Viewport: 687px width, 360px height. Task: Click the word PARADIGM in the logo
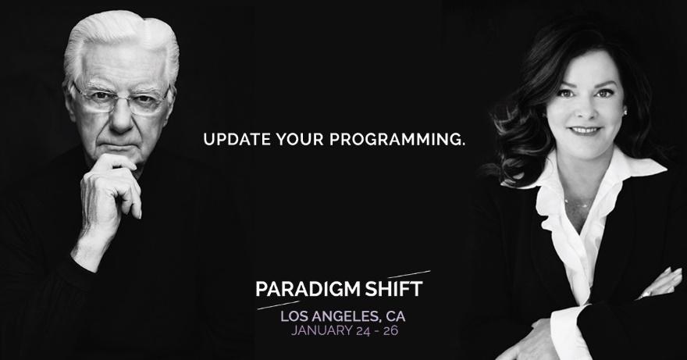click(x=308, y=289)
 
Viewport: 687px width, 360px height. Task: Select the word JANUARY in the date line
click(x=321, y=330)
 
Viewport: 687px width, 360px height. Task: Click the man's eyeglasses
click(x=122, y=100)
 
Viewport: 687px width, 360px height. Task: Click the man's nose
click(x=123, y=117)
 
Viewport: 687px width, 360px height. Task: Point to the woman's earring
click(x=624, y=112)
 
